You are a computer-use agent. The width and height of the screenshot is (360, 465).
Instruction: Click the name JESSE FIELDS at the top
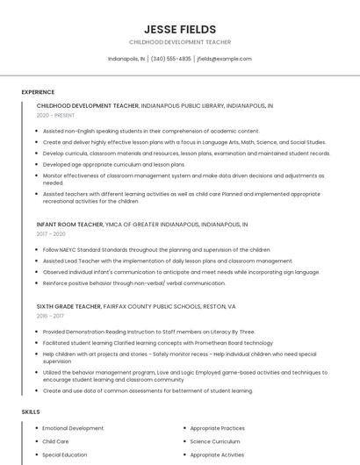[x=179, y=29]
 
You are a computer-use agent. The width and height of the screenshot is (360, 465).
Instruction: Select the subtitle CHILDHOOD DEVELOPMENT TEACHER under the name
[x=179, y=42]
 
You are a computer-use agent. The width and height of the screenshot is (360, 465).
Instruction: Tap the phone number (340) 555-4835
[x=170, y=59]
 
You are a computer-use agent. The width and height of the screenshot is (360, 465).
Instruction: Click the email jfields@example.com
[x=224, y=59]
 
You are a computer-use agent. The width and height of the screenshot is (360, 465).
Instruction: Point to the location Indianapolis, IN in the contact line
[x=126, y=59]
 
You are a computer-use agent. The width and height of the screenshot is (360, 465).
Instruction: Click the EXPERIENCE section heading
[x=38, y=91]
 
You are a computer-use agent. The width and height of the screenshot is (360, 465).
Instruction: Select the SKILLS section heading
[x=31, y=411]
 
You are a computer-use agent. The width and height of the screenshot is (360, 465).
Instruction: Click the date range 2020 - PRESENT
[x=55, y=115]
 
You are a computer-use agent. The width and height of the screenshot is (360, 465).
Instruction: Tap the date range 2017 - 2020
[x=51, y=234]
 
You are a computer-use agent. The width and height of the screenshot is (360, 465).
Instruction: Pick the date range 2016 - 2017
[x=50, y=316]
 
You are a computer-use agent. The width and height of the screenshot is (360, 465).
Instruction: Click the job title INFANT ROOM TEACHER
[x=69, y=225]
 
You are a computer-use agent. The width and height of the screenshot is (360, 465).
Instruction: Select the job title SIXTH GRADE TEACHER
[x=69, y=306]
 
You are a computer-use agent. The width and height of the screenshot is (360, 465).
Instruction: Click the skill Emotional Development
[x=73, y=428]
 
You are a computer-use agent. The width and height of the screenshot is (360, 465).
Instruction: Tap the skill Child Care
[x=55, y=441]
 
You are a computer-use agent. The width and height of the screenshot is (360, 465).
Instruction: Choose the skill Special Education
[x=65, y=455]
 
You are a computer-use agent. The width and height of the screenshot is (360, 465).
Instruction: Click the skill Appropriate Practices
[x=218, y=428]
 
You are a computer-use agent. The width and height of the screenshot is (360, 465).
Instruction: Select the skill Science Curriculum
[x=215, y=441]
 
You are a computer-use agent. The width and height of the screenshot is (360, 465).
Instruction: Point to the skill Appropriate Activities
[x=217, y=455]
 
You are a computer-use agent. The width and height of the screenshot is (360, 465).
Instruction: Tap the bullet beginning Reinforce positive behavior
[x=134, y=283]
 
